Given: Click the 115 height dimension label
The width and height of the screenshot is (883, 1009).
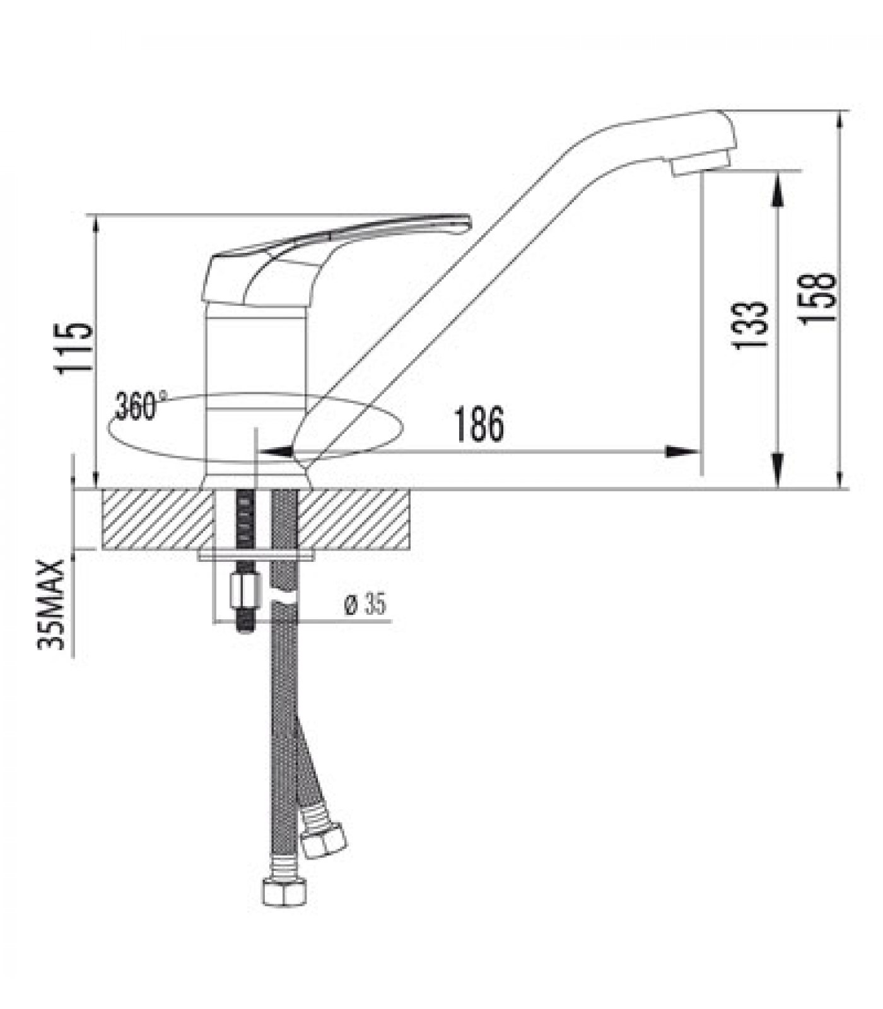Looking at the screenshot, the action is (x=74, y=349).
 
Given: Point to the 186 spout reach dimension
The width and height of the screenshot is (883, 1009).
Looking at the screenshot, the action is (x=479, y=424).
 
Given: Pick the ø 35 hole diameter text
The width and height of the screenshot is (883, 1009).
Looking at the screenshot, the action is (x=365, y=605).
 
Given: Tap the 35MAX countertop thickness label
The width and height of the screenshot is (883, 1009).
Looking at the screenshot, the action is (x=52, y=604).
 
